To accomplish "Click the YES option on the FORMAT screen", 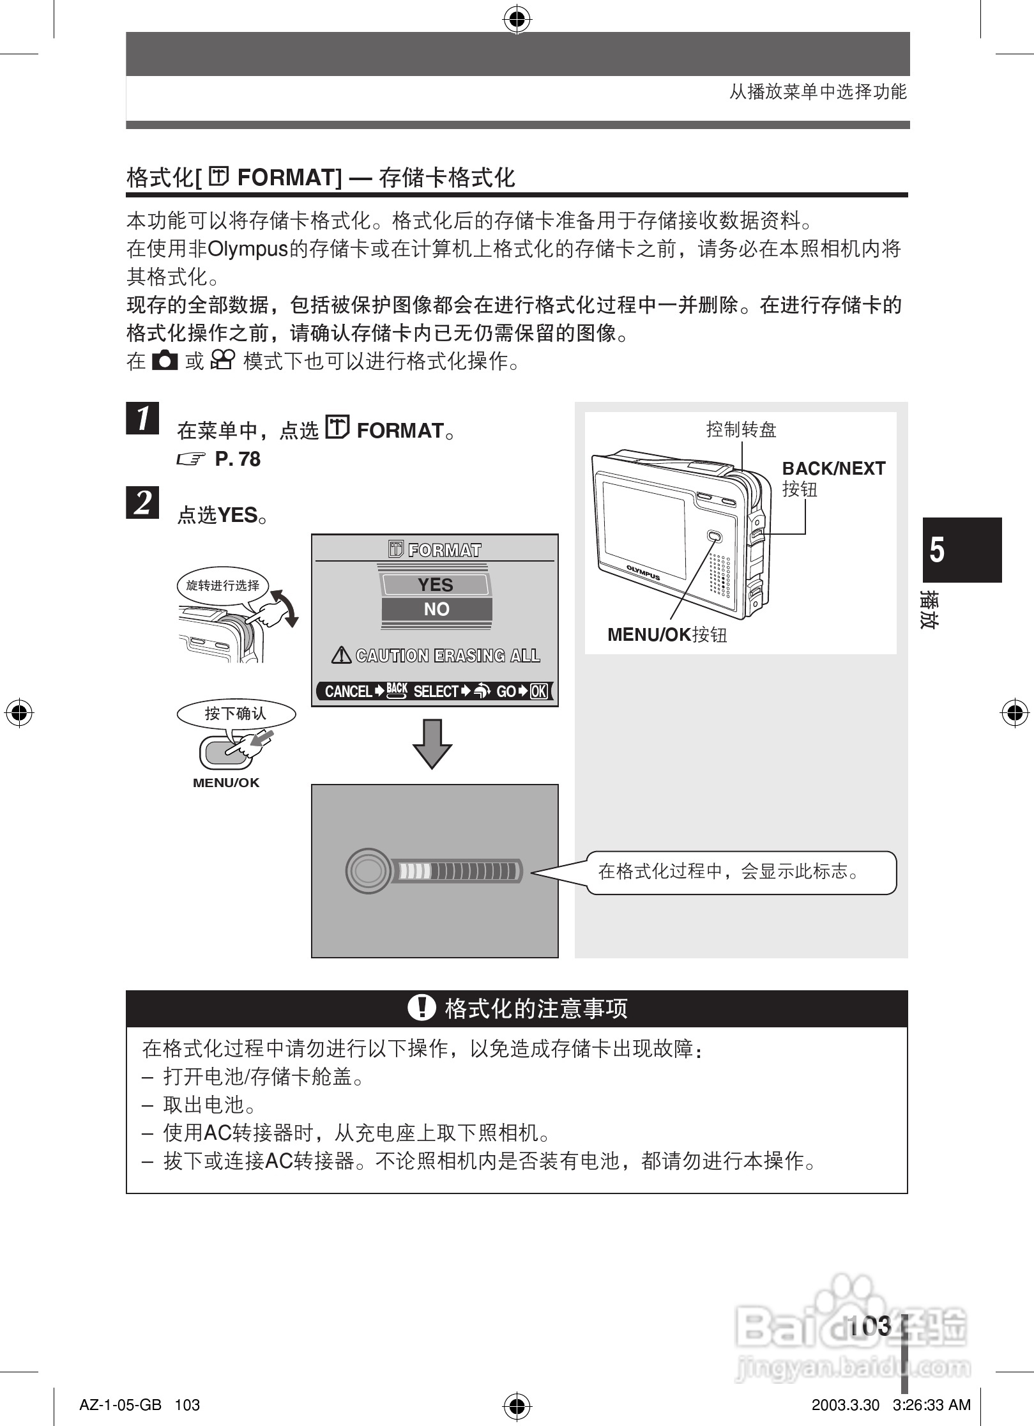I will (x=436, y=585).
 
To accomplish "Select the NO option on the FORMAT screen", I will (x=436, y=609).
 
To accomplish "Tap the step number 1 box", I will (x=142, y=418).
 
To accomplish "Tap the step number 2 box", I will (x=142, y=502).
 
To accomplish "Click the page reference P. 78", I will (x=238, y=459).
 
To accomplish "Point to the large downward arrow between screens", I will (x=432, y=744).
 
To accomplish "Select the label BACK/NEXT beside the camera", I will (x=833, y=468).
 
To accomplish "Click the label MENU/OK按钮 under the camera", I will (x=667, y=634).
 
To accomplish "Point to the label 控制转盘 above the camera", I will (x=741, y=429).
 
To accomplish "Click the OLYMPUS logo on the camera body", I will (x=642, y=572).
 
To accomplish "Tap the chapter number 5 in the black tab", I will (x=936, y=549).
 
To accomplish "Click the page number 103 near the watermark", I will (x=870, y=1326).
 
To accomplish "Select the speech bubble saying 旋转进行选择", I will (x=223, y=585).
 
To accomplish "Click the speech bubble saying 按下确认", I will (x=236, y=714).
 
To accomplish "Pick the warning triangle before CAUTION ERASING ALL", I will (x=342, y=655).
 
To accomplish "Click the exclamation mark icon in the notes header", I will (x=422, y=1009).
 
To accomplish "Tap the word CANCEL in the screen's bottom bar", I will (x=348, y=691).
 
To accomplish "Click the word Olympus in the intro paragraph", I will (x=248, y=249).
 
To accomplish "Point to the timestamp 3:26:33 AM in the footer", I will (x=931, y=1405).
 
